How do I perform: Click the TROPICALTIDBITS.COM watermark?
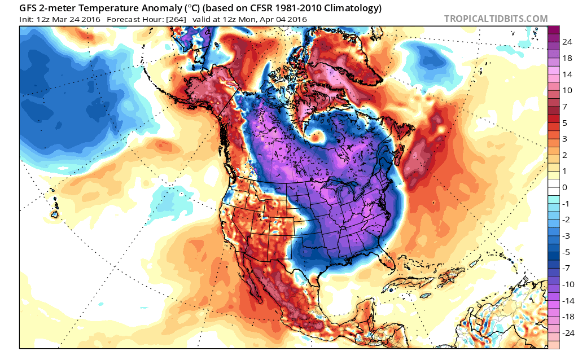coord(496,19)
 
